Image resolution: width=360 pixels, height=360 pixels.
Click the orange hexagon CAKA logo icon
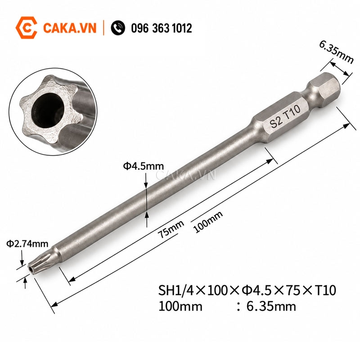click(x=27, y=27)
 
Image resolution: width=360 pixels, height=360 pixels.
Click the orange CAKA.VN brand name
click(x=70, y=28)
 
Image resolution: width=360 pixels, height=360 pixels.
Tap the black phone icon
click(x=118, y=28)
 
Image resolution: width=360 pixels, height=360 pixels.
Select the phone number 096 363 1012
click(x=162, y=28)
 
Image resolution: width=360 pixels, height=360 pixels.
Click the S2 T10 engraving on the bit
click(x=285, y=117)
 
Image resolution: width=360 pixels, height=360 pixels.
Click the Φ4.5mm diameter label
click(x=144, y=166)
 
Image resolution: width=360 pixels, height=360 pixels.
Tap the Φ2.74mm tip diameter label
click(x=27, y=244)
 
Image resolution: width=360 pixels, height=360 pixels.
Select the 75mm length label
click(x=171, y=229)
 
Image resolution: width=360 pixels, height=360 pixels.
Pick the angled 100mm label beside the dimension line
click(x=208, y=221)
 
